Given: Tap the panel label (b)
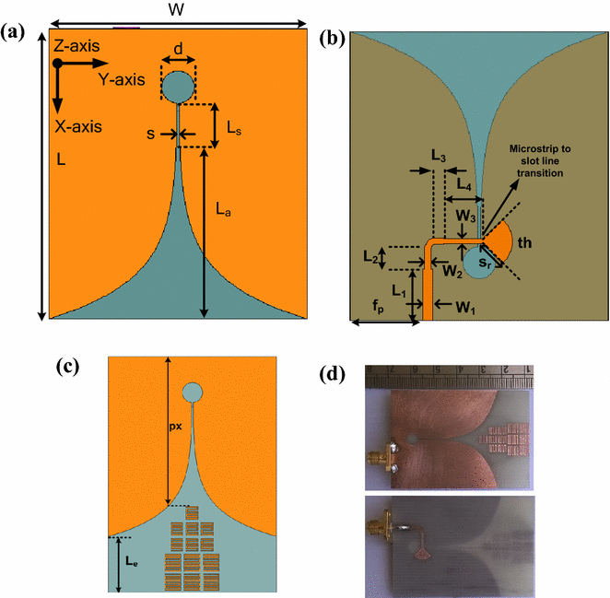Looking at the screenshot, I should pyautogui.click(x=331, y=38).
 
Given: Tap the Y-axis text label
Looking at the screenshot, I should pyautogui.click(x=122, y=80).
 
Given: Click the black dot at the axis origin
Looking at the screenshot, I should pyautogui.click(x=57, y=64).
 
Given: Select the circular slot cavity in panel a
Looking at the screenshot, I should pyautogui.click(x=178, y=86).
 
